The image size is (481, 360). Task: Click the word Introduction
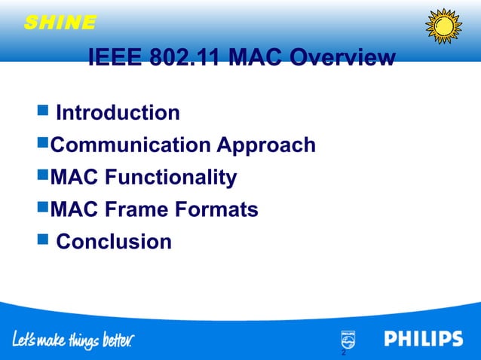[x=118, y=113]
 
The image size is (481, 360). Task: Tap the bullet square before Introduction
[x=42, y=112]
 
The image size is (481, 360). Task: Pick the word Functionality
[x=171, y=177]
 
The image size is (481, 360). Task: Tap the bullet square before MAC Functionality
[x=42, y=176]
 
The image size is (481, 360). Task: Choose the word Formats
[x=221, y=209]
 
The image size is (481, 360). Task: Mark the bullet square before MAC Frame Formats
[x=42, y=209]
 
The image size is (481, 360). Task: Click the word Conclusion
[x=115, y=242]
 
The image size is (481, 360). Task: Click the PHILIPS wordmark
[x=424, y=339]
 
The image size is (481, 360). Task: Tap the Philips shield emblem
[x=348, y=340]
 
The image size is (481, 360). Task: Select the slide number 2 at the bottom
[x=343, y=352]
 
